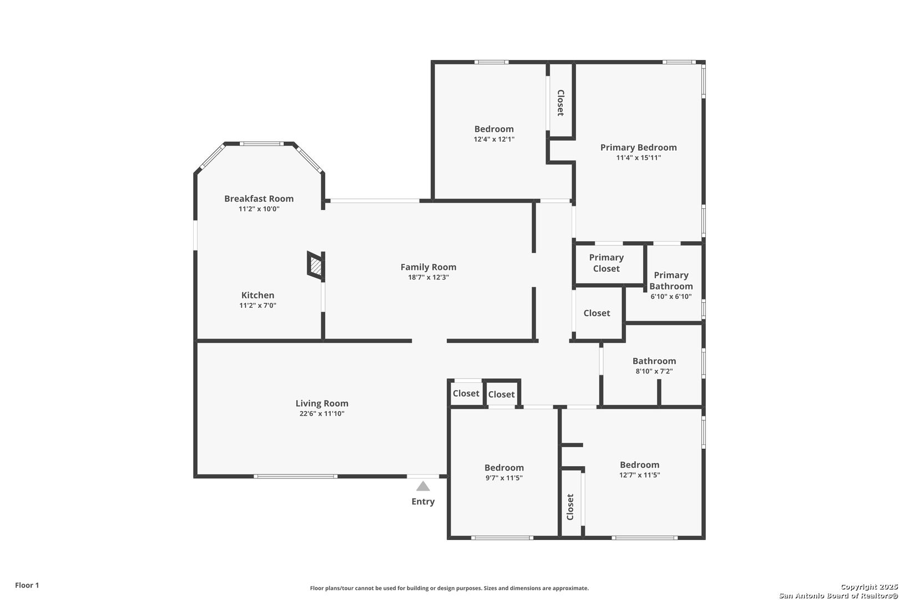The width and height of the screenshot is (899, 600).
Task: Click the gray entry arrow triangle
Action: [x=423, y=486]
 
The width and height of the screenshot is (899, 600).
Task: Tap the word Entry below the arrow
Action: [x=423, y=502]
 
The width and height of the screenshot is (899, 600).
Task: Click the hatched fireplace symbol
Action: [x=316, y=266]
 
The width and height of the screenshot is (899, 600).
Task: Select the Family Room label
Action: [x=428, y=267]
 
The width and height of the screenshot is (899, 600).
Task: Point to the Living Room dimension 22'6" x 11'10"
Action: [x=322, y=413]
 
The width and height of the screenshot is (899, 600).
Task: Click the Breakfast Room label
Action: [x=259, y=198]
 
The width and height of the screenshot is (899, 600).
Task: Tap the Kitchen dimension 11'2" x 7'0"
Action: [x=257, y=306]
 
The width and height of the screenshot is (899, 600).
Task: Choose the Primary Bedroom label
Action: [x=639, y=147]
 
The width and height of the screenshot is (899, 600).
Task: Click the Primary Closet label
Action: [x=607, y=263]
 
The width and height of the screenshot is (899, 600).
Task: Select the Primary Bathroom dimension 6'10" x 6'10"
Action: [x=671, y=297]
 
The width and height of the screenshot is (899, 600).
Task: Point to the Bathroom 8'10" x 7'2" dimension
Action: [x=654, y=371]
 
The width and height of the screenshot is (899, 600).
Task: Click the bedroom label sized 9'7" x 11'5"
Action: [x=504, y=468]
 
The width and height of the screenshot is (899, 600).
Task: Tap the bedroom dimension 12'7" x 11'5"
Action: [x=640, y=475]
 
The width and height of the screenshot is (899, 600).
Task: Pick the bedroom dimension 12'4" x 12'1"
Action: [x=494, y=139]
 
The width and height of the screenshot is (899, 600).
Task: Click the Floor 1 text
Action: [x=27, y=585]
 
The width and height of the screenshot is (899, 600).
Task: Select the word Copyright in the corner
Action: [x=859, y=587]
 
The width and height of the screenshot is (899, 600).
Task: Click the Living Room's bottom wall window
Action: [x=295, y=477]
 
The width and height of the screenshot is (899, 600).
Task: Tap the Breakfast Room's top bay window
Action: [x=262, y=143]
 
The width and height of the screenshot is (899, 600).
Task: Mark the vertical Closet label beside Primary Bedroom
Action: [x=560, y=103]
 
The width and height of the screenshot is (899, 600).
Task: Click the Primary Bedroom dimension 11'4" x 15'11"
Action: [x=639, y=158]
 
